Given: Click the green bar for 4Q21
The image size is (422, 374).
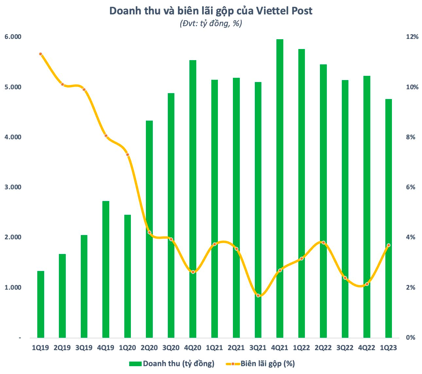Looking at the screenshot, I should (280, 188).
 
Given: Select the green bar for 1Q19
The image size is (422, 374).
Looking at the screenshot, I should (41, 304).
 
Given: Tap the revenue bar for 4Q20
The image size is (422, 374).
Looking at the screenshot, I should (193, 199).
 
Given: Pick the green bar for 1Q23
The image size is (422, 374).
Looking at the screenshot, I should (388, 218).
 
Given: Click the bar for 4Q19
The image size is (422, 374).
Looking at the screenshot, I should (106, 269).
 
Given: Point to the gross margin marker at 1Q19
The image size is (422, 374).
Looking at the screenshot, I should (41, 54).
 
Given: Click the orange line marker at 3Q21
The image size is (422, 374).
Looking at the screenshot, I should (258, 296).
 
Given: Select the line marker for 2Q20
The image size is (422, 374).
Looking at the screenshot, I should (149, 232).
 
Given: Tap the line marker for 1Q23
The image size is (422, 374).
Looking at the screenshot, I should (388, 245).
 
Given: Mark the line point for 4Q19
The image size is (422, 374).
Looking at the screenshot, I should (106, 136).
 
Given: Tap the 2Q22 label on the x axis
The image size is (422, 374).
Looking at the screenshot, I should (323, 348).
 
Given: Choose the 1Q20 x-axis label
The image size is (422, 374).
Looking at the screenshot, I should (128, 348).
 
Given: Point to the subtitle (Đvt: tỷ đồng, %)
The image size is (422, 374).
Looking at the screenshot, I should (211, 24).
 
